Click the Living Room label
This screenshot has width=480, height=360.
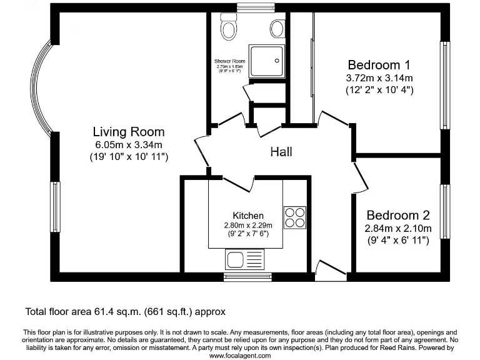pos(129,132)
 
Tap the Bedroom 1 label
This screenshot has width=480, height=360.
pos(379,64)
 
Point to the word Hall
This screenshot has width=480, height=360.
pos(281,152)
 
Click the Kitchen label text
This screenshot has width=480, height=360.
pos(248,215)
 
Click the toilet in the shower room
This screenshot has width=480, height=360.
pos(227,27)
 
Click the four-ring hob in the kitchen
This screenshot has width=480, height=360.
pos(295,217)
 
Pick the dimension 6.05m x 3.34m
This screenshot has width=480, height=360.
pos(129,145)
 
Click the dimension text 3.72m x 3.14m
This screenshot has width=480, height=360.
pos(379,78)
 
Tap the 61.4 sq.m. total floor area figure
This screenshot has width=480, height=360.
pos(124,311)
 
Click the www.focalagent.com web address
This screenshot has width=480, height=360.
pos(240,355)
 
